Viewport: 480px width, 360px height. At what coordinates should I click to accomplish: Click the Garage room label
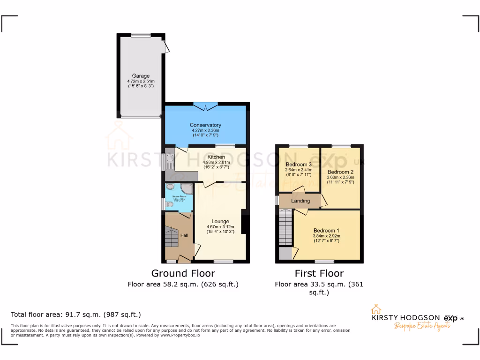[141, 76]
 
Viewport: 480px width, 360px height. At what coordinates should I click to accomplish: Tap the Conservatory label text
[205, 125]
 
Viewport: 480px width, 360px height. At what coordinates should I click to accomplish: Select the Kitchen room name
[217, 157]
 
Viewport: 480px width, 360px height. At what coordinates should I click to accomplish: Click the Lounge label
[220, 221]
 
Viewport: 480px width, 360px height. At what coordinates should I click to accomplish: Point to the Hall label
[184, 235]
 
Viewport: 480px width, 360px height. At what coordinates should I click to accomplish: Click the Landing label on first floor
[300, 201]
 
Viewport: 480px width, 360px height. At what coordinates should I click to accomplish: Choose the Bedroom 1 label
[326, 231]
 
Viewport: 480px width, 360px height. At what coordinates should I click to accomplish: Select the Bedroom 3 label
[299, 165]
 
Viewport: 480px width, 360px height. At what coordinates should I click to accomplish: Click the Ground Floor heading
[183, 273]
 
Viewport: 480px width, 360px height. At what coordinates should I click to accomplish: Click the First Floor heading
[319, 273]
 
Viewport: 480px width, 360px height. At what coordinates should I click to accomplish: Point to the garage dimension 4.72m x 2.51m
[141, 81]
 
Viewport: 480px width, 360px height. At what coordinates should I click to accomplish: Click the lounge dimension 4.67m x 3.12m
[220, 226]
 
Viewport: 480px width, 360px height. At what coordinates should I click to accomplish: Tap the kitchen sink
[169, 162]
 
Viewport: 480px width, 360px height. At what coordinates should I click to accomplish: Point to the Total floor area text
[75, 315]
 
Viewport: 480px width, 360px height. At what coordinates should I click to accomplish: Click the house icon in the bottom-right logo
[375, 310]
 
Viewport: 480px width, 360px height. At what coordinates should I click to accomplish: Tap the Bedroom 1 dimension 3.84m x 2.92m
[326, 236]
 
